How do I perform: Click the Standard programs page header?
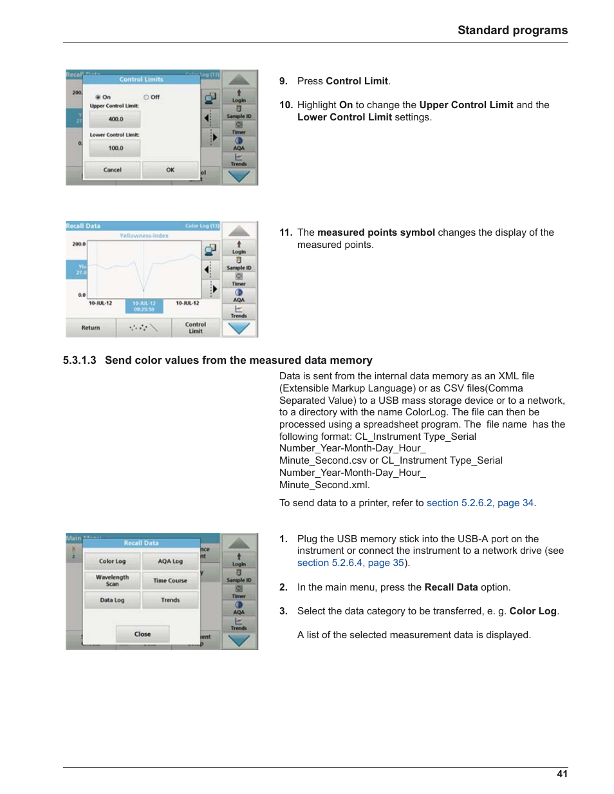[512, 30]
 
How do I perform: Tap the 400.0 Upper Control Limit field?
[115, 119]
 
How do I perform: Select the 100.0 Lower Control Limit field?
[115, 148]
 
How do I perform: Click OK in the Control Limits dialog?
[170, 170]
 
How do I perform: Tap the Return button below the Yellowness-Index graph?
[91, 328]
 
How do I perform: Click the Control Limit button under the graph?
[196, 328]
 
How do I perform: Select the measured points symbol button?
[144, 328]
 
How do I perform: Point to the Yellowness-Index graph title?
[144, 236]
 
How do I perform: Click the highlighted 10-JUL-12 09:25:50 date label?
[144, 306]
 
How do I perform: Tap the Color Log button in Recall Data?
[113, 562]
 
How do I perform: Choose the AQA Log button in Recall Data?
[171, 562]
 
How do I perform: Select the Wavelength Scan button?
[113, 580]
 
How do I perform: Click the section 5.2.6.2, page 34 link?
[480, 503]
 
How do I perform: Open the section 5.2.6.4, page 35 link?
[351, 563]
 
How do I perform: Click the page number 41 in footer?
[562, 774]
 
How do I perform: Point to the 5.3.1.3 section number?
[80, 361]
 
